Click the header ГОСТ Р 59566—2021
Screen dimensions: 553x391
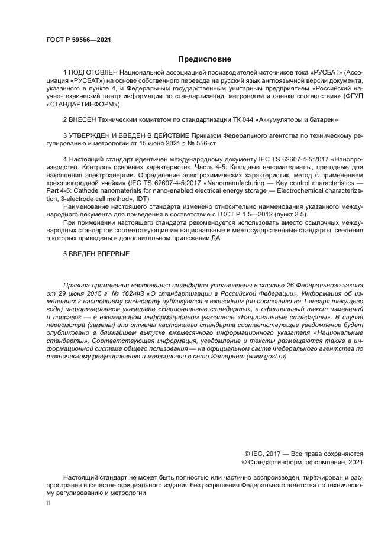(78, 40)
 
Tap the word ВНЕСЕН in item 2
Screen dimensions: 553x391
(85, 119)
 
